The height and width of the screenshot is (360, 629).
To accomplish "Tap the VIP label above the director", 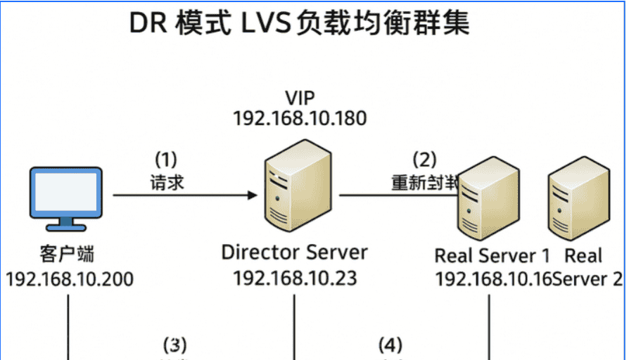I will point(300,96).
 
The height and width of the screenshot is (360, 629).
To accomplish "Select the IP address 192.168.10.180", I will point(300,118).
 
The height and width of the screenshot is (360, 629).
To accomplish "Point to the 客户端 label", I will point(68,253).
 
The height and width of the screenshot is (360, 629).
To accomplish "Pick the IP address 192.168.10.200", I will point(69,278).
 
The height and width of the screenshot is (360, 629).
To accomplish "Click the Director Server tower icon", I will point(296,188).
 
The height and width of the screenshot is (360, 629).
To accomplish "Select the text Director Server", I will point(294,252).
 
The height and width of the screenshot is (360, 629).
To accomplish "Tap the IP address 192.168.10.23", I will point(295,278).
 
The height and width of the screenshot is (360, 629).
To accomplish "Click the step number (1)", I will point(166,158).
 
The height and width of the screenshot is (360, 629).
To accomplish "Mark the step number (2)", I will point(424,160).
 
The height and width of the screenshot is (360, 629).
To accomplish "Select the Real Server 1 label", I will point(492,255).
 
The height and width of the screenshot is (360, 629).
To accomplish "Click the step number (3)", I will point(175,345).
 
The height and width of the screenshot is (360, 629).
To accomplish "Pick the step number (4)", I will point(390,345).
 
